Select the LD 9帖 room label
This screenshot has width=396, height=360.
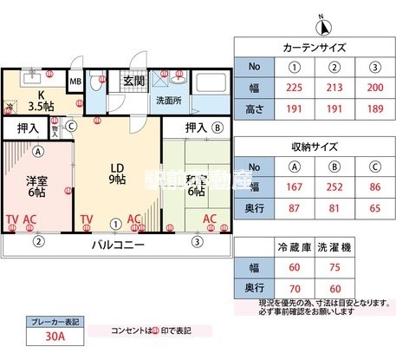coord(117,173)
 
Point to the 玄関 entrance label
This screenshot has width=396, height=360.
coord(133,81)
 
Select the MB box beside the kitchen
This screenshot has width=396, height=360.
coord(75,83)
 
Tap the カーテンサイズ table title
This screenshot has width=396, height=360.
coord(315,48)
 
